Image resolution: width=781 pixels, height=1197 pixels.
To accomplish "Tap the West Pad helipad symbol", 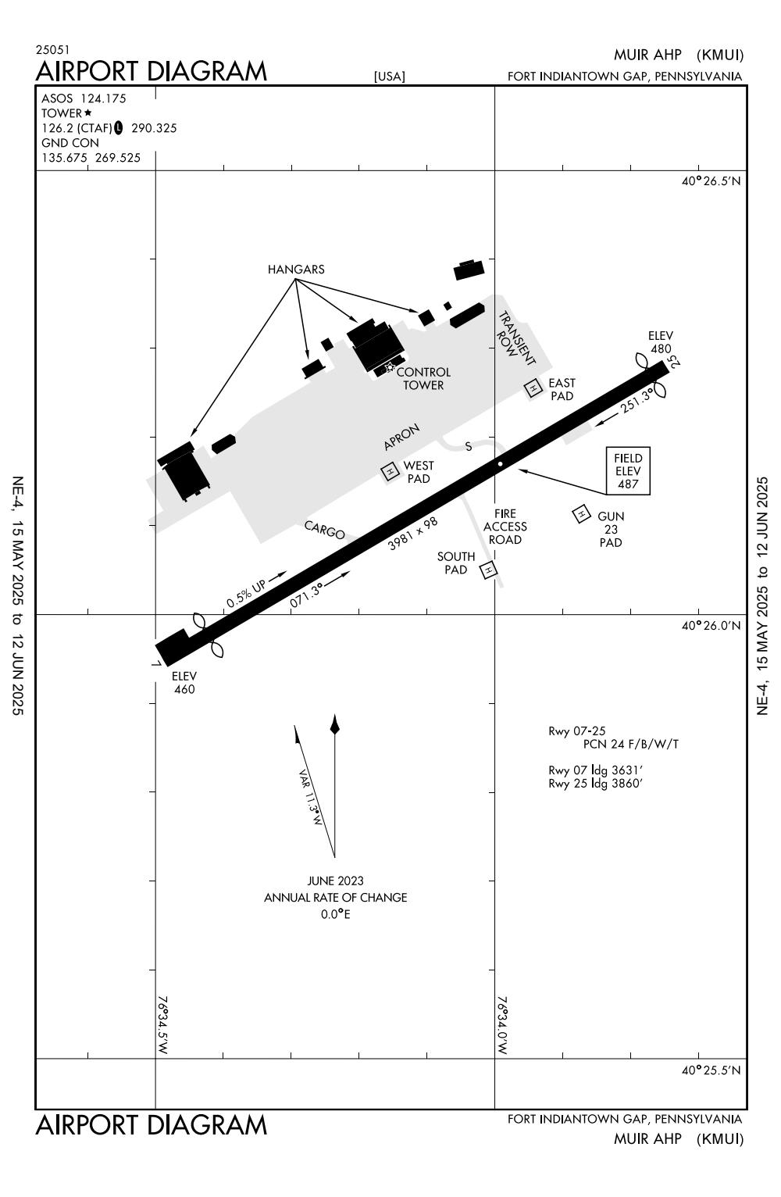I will [x=389, y=471].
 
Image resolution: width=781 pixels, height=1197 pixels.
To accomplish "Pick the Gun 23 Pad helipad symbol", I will [x=581, y=513].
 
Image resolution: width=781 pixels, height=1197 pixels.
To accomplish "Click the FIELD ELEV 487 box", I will [x=628, y=471].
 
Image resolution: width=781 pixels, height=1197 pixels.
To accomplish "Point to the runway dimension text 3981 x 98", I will [x=413, y=533].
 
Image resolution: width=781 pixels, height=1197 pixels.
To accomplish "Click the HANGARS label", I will [x=296, y=270].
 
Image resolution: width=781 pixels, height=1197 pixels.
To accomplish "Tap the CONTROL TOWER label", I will [x=423, y=378].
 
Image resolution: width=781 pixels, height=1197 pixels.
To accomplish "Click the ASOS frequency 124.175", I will [x=103, y=98].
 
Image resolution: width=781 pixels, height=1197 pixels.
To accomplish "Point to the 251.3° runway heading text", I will [x=637, y=402].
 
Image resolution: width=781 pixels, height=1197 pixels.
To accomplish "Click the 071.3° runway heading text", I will [x=306, y=595].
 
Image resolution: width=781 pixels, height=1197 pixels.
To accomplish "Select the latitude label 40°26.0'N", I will [x=711, y=626].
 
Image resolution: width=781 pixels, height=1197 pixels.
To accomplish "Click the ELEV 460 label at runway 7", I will [x=184, y=682].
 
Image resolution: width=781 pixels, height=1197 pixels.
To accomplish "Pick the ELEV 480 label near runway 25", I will [x=660, y=342].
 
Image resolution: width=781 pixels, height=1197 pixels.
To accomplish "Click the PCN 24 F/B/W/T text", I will [x=631, y=744].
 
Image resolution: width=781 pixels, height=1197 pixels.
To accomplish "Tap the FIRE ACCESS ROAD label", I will [x=505, y=527].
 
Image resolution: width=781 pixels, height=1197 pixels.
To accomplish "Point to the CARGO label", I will [x=324, y=530].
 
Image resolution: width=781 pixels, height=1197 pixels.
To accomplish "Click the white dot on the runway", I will [x=500, y=463].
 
